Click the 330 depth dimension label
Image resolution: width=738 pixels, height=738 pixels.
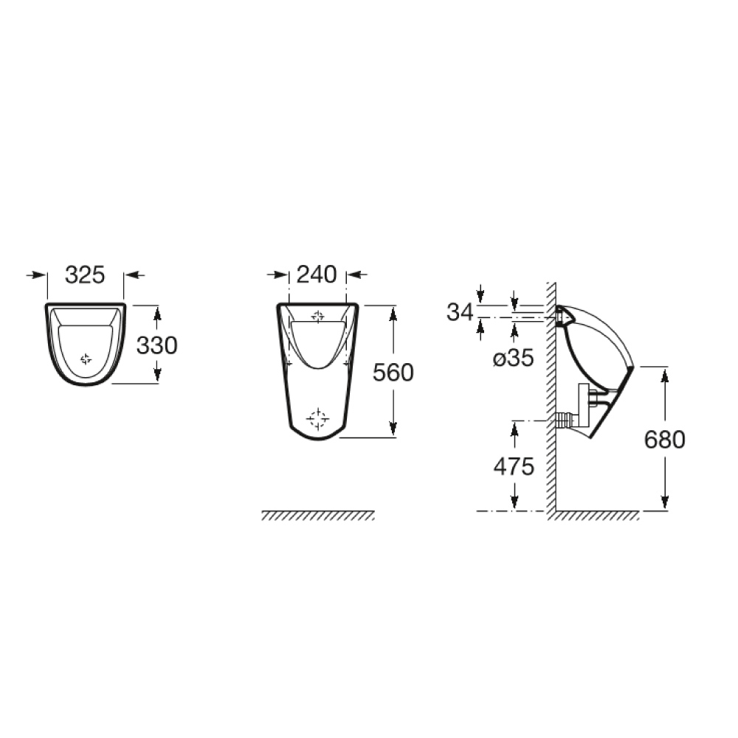pyautogui.click(x=156, y=345)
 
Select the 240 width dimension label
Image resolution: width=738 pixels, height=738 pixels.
pyautogui.click(x=317, y=275)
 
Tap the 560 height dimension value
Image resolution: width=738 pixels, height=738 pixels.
pyautogui.click(x=393, y=373)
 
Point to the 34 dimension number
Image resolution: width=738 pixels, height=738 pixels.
pyautogui.click(x=460, y=312)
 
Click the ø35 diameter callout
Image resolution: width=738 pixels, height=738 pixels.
pyautogui.click(x=512, y=359)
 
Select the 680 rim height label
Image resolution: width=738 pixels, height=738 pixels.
pyautogui.click(x=664, y=440)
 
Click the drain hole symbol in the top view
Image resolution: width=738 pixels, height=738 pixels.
pyautogui.click(x=86, y=359)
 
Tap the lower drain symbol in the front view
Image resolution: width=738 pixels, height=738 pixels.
pyautogui.click(x=318, y=418)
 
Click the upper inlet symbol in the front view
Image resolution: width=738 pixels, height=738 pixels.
pyautogui.click(x=318, y=317)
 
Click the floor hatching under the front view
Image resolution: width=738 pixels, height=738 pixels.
pyautogui.click(x=317, y=515)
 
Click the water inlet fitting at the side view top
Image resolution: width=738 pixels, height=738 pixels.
pyautogui.click(x=565, y=317)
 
